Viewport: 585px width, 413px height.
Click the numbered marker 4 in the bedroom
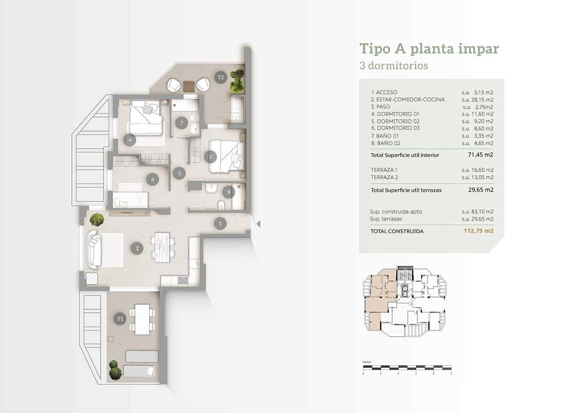[x=130, y=140]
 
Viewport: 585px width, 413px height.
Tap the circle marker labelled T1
[x=120, y=319]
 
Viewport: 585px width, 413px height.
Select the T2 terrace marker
[x=221, y=77]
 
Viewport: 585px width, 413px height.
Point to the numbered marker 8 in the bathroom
[x=229, y=192]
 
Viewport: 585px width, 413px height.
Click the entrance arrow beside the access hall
[x=258, y=224]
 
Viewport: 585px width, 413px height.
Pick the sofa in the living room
[x=94, y=250]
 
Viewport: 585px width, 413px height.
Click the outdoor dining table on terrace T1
[x=142, y=319]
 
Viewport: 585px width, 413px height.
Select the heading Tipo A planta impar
[x=429, y=49]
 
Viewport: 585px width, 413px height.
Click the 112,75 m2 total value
[x=479, y=231]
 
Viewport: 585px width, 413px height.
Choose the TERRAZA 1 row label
[x=384, y=170]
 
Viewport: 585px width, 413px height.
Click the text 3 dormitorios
[x=394, y=66]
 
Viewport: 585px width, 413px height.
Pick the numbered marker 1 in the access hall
[x=220, y=224]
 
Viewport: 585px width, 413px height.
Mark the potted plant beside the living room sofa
[x=96, y=220]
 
